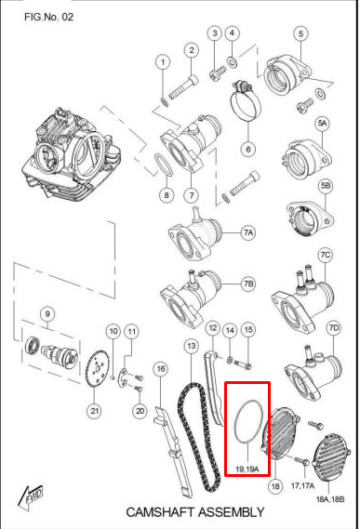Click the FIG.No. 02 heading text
point(48,17)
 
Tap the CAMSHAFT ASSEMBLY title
point(194,512)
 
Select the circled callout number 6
point(248,149)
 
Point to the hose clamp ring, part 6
point(246,100)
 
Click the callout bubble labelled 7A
point(248,232)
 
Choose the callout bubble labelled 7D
point(334,327)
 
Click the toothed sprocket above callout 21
point(95,371)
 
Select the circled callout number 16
point(160,369)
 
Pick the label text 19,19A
point(247,469)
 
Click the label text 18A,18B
point(330,499)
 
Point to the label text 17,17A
point(302,485)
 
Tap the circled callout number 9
point(47,314)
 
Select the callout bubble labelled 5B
point(326,186)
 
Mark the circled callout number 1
point(163,62)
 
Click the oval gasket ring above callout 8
point(164,165)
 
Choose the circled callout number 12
point(213,327)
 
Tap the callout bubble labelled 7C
point(326,255)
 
